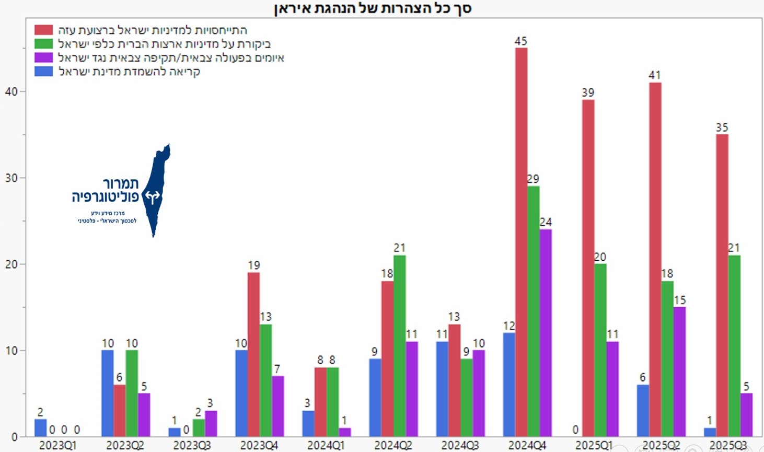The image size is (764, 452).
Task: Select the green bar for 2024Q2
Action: point(400,346)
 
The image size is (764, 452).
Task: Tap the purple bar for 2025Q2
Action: point(679,372)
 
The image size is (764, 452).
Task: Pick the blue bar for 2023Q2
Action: point(108,393)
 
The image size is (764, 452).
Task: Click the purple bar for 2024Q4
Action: point(546,333)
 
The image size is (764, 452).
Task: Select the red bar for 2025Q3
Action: point(722,285)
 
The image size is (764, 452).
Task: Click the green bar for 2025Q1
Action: point(600,350)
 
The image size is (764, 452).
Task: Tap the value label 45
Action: point(520,41)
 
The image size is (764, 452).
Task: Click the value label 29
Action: point(533,179)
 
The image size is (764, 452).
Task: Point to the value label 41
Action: point(655,75)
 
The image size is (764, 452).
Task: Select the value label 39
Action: point(588,92)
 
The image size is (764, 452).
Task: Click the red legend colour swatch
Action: point(44,30)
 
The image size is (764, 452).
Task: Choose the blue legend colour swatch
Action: point(44,71)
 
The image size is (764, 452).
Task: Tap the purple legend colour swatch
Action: point(44,57)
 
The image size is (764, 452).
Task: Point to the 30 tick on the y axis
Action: point(11,178)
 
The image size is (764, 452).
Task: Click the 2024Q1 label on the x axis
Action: point(326,445)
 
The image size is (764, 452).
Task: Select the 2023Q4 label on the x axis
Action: point(259,445)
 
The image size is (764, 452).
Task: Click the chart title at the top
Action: point(373,8)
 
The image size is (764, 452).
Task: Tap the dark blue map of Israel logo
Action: point(155,191)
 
